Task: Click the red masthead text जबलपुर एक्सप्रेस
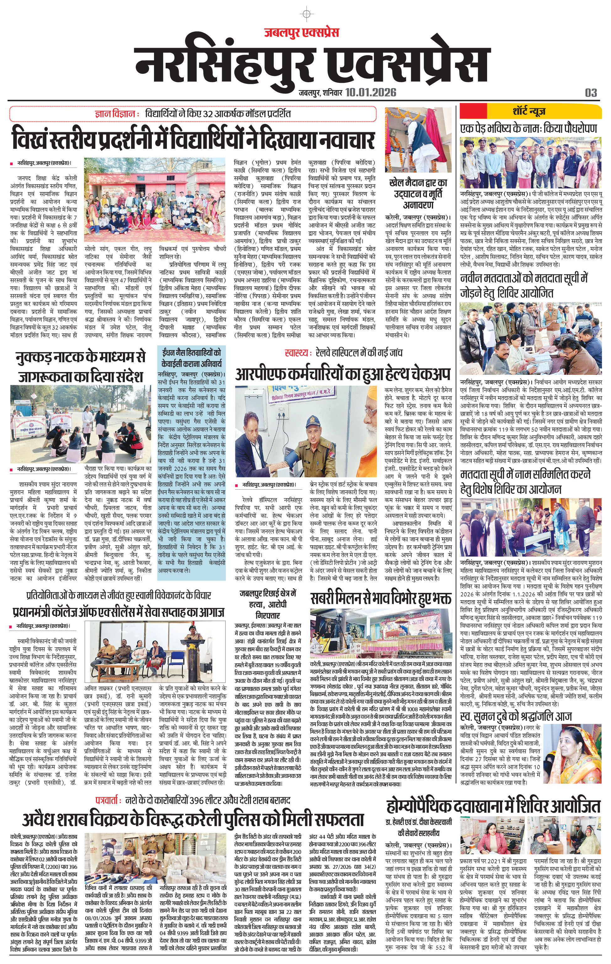pyautogui.click(x=301, y=32)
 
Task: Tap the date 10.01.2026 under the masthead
pyautogui.click(x=371, y=93)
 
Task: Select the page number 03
pyautogui.click(x=591, y=93)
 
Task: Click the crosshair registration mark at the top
pyautogui.click(x=306, y=14)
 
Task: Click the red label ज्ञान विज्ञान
pyautogui.click(x=116, y=114)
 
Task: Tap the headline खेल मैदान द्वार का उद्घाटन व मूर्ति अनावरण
pyautogui.click(x=418, y=194)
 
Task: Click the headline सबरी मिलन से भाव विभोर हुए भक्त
pyautogui.click(x=380, y=599)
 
